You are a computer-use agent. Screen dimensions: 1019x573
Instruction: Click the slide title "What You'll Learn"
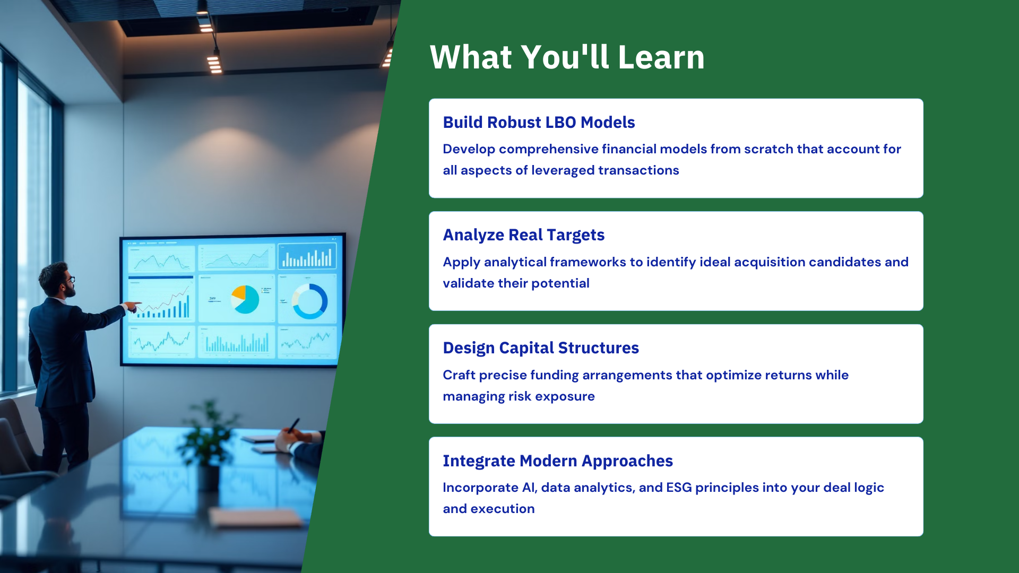[x=567, y=57]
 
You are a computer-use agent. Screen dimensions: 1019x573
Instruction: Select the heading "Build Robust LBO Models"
[x=539, y=123]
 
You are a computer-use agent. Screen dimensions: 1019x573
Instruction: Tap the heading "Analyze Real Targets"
[x=524, y=235]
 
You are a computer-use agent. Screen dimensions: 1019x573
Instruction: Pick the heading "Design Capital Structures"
[x=541, y=348]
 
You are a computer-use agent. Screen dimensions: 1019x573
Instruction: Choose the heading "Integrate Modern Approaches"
[x=558, y=461]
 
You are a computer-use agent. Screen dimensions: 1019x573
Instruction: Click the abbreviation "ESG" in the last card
[x=679, y=488]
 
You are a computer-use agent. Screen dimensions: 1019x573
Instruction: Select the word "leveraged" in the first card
[x=563, y=171]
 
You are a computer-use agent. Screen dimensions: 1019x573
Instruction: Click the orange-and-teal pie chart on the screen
[x=245, y=299]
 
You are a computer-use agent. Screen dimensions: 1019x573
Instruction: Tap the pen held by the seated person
[x=293, y=425]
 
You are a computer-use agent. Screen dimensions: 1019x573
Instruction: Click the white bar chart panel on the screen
[x=307, y=257]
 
